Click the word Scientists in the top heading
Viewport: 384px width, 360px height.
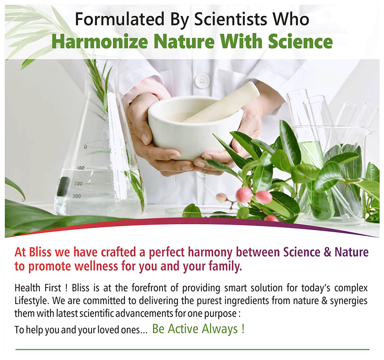pos(230,19)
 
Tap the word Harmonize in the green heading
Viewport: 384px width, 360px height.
pos(100,42)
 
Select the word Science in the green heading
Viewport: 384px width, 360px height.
pos(300,42)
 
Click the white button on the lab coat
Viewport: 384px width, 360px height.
pos(202,81)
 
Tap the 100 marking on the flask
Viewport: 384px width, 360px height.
pos(81,168)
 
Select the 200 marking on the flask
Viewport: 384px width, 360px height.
pos(79,184)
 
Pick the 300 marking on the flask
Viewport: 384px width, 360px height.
pos(77,196)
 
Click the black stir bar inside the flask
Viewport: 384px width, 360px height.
pos(63,187)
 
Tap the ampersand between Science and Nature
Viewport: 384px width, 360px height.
pos(327,252)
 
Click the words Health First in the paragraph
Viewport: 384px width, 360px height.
pos(38,288)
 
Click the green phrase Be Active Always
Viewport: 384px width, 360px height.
pos(198,329)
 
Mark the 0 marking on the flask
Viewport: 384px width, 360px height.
pos(85,147)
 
